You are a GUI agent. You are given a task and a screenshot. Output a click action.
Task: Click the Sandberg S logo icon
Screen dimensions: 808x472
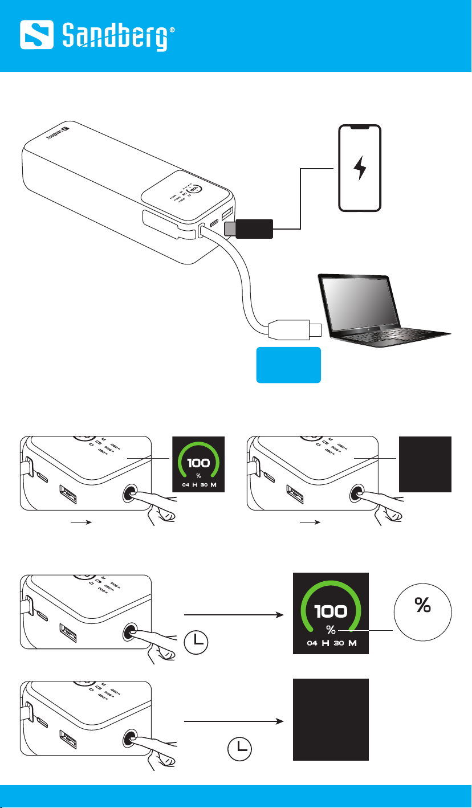pos(39,35)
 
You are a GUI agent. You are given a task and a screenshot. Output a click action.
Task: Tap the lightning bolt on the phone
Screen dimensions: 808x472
pos(359,168)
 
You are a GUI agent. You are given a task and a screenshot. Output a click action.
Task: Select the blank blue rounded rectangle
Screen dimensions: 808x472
pos(288,364)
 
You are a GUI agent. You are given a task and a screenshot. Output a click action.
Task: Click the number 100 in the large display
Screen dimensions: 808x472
pos(330,611)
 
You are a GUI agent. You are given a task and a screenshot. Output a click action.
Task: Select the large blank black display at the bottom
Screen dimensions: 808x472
pos(331,719)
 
